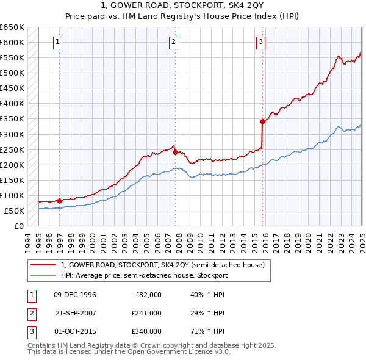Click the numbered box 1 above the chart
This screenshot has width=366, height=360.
point(57,42)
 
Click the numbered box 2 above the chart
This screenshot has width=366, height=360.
point(173,42)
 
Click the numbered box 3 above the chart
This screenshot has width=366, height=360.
point(260,42)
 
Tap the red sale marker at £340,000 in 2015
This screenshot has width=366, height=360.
point(262,121)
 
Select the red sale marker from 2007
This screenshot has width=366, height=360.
point(175,152)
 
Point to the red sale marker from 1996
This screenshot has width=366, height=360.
point(59,200)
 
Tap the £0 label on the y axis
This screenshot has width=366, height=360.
point(18,226)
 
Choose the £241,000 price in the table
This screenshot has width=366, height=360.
point(146,312)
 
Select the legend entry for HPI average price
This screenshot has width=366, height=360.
point(144,275)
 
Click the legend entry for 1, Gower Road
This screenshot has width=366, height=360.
point(163,265)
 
